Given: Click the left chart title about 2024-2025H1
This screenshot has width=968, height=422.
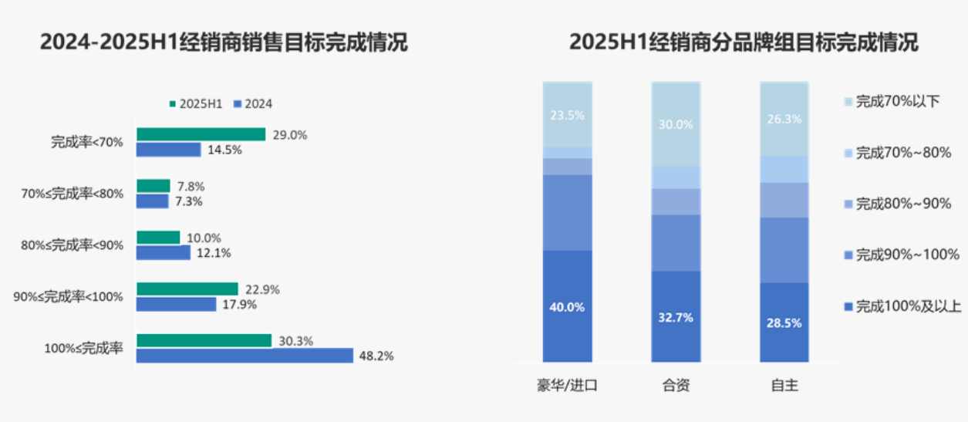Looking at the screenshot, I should (224, 42).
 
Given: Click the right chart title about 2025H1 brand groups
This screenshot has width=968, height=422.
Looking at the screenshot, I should (744, 42).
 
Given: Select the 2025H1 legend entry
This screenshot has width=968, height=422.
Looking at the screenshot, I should (196, 104).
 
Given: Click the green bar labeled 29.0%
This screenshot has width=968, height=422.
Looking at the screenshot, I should (201, 134).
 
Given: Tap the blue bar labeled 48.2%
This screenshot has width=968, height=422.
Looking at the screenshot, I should (245, 356).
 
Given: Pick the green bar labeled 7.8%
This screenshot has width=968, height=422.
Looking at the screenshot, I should (153, 186).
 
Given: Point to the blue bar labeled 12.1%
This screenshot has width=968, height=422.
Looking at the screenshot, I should (163, 252).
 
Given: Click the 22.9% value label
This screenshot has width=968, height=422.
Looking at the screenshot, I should (261, 289).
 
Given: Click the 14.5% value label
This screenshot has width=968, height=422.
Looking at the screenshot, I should (224, 150).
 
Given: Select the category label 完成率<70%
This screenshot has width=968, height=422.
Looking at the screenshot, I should (87, 142).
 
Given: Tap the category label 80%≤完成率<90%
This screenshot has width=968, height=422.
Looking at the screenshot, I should (72, 245).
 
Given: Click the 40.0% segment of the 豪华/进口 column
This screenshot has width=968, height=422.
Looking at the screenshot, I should (567, 306).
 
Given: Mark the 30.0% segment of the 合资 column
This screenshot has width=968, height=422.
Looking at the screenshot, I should (676, 123).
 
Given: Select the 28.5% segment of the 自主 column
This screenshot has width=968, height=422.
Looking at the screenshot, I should (784, 322).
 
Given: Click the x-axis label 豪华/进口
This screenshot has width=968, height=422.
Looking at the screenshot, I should (567, 386).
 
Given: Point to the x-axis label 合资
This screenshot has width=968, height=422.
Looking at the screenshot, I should (676, 386).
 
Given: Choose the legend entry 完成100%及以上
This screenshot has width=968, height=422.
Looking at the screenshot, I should (902, 307).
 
